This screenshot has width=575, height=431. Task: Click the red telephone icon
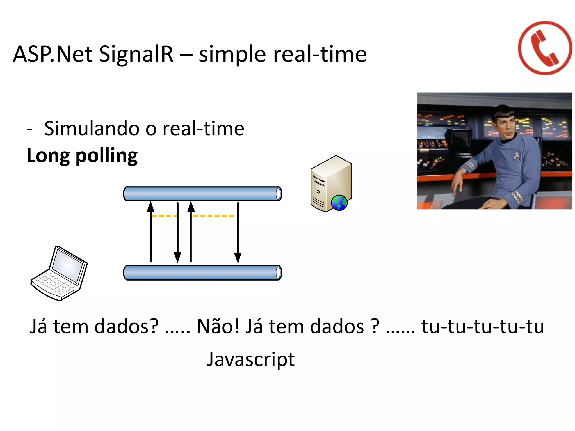545,48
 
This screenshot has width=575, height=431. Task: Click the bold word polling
107,156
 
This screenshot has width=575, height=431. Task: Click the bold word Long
48,156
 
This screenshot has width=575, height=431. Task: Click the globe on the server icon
339,203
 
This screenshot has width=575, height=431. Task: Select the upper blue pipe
202,194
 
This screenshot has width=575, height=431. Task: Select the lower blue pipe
202,273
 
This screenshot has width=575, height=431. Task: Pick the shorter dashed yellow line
164,216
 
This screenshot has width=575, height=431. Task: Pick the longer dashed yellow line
213,216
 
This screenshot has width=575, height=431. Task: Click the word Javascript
250,359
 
